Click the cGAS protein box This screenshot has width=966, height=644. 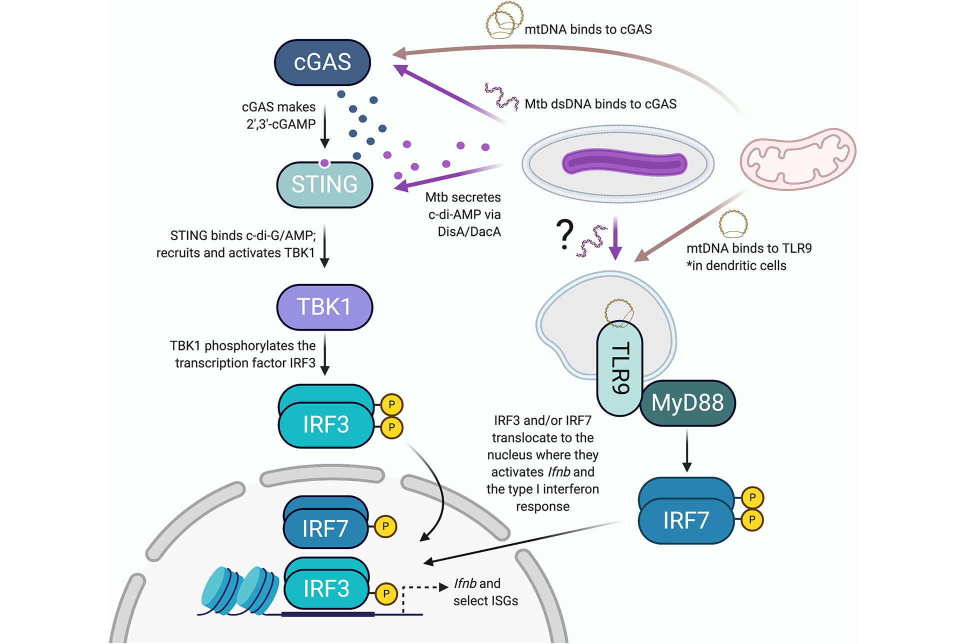322,62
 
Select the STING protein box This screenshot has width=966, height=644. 324,184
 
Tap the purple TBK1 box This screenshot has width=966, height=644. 324,307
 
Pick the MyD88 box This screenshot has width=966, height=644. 687,403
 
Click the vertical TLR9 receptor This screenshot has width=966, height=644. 619,368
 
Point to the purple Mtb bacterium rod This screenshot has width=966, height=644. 624,163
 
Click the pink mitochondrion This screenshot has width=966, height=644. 798,159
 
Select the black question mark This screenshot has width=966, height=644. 564,234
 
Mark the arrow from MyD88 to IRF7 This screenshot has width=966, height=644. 687,450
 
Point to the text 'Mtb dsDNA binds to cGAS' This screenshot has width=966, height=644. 600,104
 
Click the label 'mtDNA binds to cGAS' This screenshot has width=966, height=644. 588,29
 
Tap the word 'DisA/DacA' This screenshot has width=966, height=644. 469,231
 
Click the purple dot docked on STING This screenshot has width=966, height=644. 324,163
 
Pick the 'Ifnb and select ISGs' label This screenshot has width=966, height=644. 485,592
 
